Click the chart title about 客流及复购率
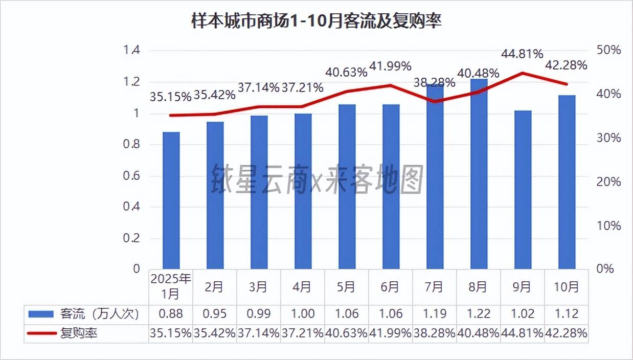click(x=316, y=22)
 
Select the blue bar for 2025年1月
click(x=171, y=200)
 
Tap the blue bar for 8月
click(x=479, y=174)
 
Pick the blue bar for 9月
click(x=523, y=189)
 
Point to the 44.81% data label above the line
click(x=522, y=54)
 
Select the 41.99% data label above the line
click(x=390, y=66)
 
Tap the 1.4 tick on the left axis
click(x=132, y=50)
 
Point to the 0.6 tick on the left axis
click(x=132, y=176)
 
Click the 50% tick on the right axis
click(x=608, y=50)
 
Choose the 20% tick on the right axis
click(x=608, y=182)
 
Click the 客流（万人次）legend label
click(x=99, y=313)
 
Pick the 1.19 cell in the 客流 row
click(x=434, y=313)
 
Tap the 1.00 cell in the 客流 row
click(x=302, y=313)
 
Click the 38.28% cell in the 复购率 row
click(x=434, y=333)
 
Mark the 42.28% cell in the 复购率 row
click(x=566, y=333)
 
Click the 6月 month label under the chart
click(x=390, y=287)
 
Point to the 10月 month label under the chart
click(x=566, y=287)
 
